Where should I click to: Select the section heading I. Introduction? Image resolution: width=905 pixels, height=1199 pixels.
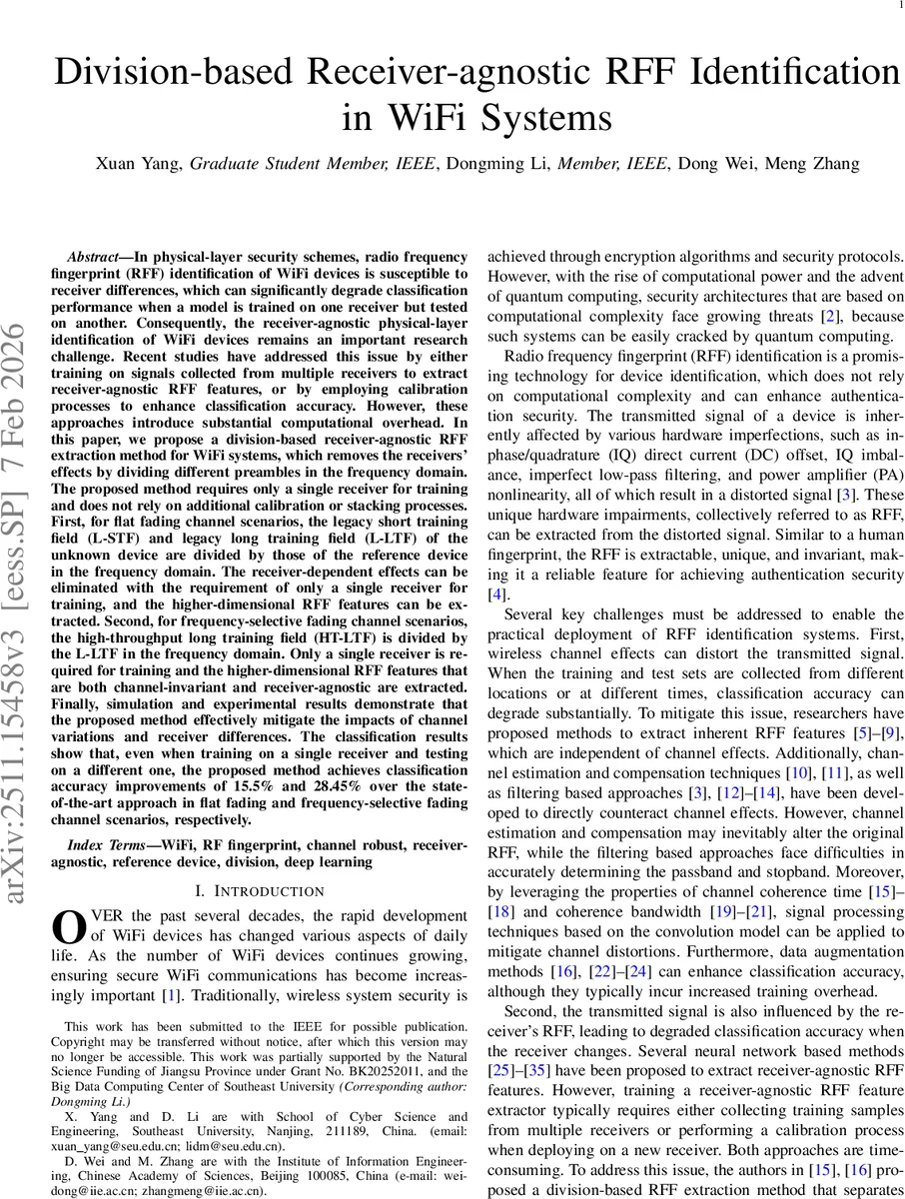click(x=259, y=890)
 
